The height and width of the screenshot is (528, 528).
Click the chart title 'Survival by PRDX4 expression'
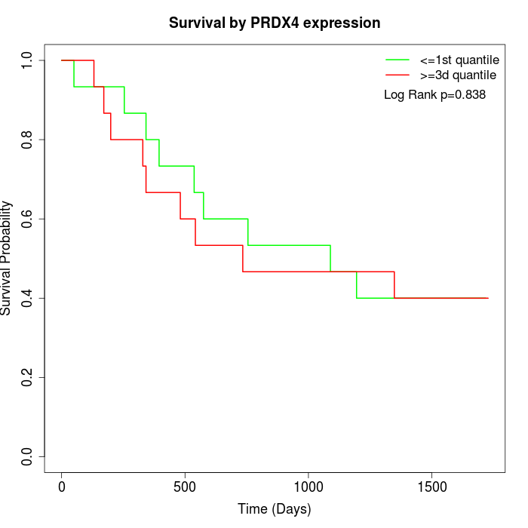click(x=274, y=23)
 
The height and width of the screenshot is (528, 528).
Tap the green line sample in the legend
click(x=398, y=60)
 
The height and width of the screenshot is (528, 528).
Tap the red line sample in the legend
click(x=398, y=75)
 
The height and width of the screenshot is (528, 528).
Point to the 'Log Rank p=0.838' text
click(x=434, y=95)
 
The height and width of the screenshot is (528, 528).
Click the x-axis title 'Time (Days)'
click(x=274, y=509)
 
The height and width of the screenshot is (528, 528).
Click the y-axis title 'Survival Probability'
click(x=7, y=258)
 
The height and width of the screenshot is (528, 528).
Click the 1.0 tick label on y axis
click(x=28, y=61)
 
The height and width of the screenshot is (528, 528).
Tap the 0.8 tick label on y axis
click(x=28, y=140)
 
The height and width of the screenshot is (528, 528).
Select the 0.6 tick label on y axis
click(x=28, y=219)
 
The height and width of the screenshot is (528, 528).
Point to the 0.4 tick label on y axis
click(x=28, y=299)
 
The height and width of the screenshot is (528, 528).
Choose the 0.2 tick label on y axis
click(x=28, y=378)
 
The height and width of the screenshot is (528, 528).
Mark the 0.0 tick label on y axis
click(x=28, y=457)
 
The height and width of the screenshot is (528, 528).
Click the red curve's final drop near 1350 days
click(x=394, y=285)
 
